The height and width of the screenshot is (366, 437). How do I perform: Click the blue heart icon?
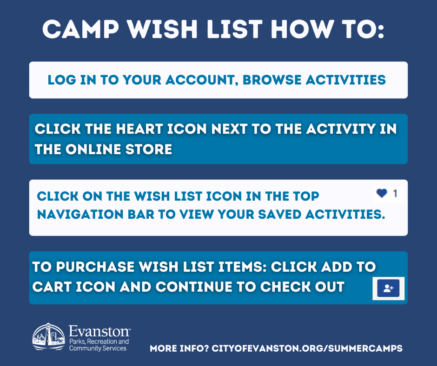click(382, 193)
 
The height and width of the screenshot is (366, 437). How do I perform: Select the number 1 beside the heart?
click(395, 193)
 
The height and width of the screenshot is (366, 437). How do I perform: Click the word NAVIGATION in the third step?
click(84, 215)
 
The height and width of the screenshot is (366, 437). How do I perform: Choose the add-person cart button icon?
click(388, 288)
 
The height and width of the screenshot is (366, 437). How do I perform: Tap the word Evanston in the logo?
click(99, 332)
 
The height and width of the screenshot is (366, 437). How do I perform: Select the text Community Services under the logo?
click(98, 348)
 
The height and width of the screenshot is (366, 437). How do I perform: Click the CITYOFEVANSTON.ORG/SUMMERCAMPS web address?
click(307, 348)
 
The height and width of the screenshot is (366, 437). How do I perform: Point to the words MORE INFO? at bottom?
click(179, 348)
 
